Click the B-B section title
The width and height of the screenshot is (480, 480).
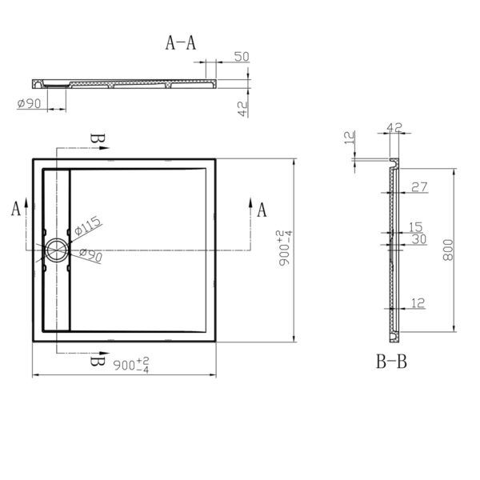pyautogui.click(x=392, y=362)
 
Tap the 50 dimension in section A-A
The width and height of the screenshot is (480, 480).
pyautogui.click(x=239, y=56)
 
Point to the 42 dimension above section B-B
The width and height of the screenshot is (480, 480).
pyautogui.click(x=394, y=127)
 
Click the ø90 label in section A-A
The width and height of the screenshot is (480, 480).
pyautogui.click(x=29, y=102)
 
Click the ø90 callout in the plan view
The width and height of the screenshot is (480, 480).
pyautogui.click(x=91, y=255)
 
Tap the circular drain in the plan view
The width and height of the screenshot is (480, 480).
pyautogui.click(x=57, y=250)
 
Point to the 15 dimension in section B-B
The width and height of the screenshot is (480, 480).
pyautogui.click(x=416, y=227)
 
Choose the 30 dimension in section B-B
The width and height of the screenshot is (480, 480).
pyautogui.click(x=418, y=239)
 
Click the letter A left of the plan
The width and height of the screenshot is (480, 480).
pyautogui.click(x=16, y=210)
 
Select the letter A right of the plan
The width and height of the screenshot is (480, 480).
pyautogui.click(x=262, y=210)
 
